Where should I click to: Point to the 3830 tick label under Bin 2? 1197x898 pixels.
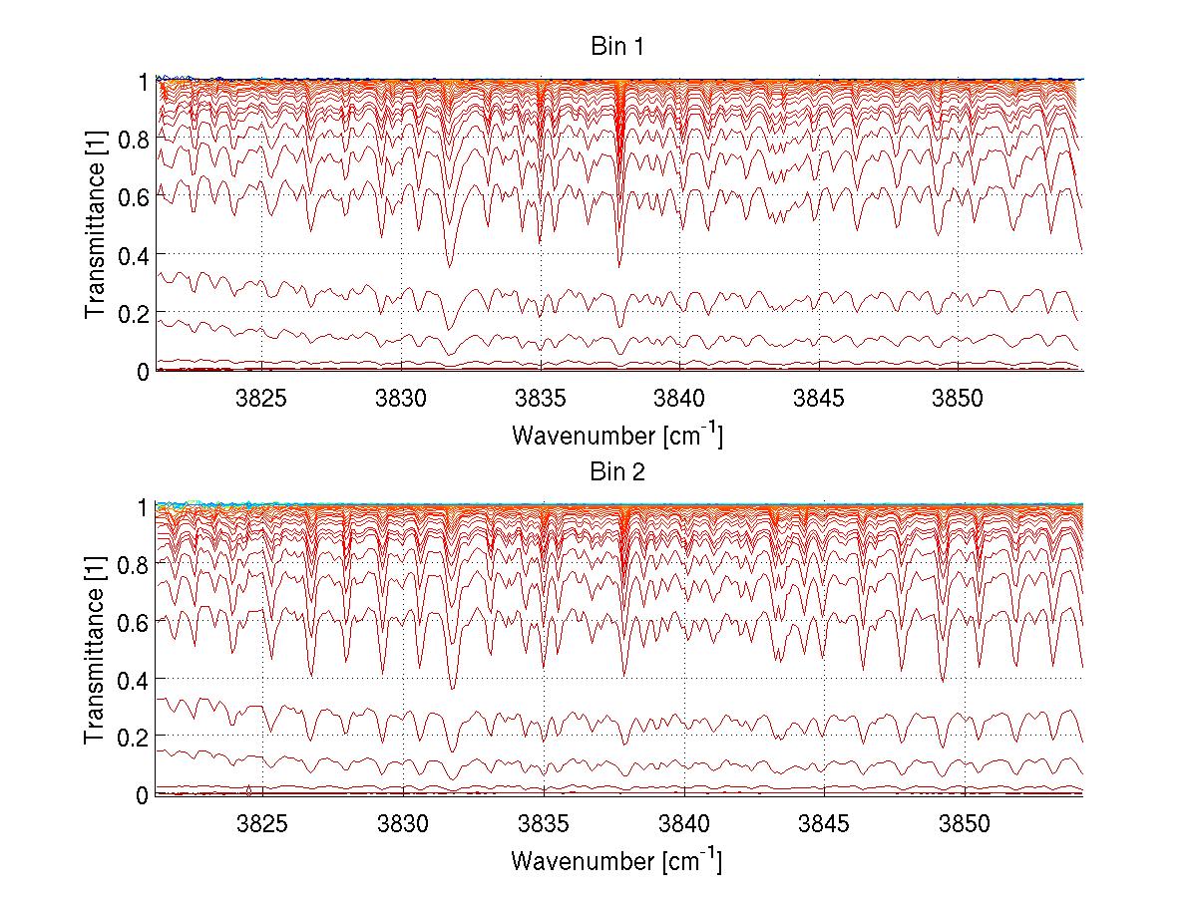403,823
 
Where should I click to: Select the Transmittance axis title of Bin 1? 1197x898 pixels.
96,225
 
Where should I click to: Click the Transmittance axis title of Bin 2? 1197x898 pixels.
96,650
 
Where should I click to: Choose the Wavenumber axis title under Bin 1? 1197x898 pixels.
617,435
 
